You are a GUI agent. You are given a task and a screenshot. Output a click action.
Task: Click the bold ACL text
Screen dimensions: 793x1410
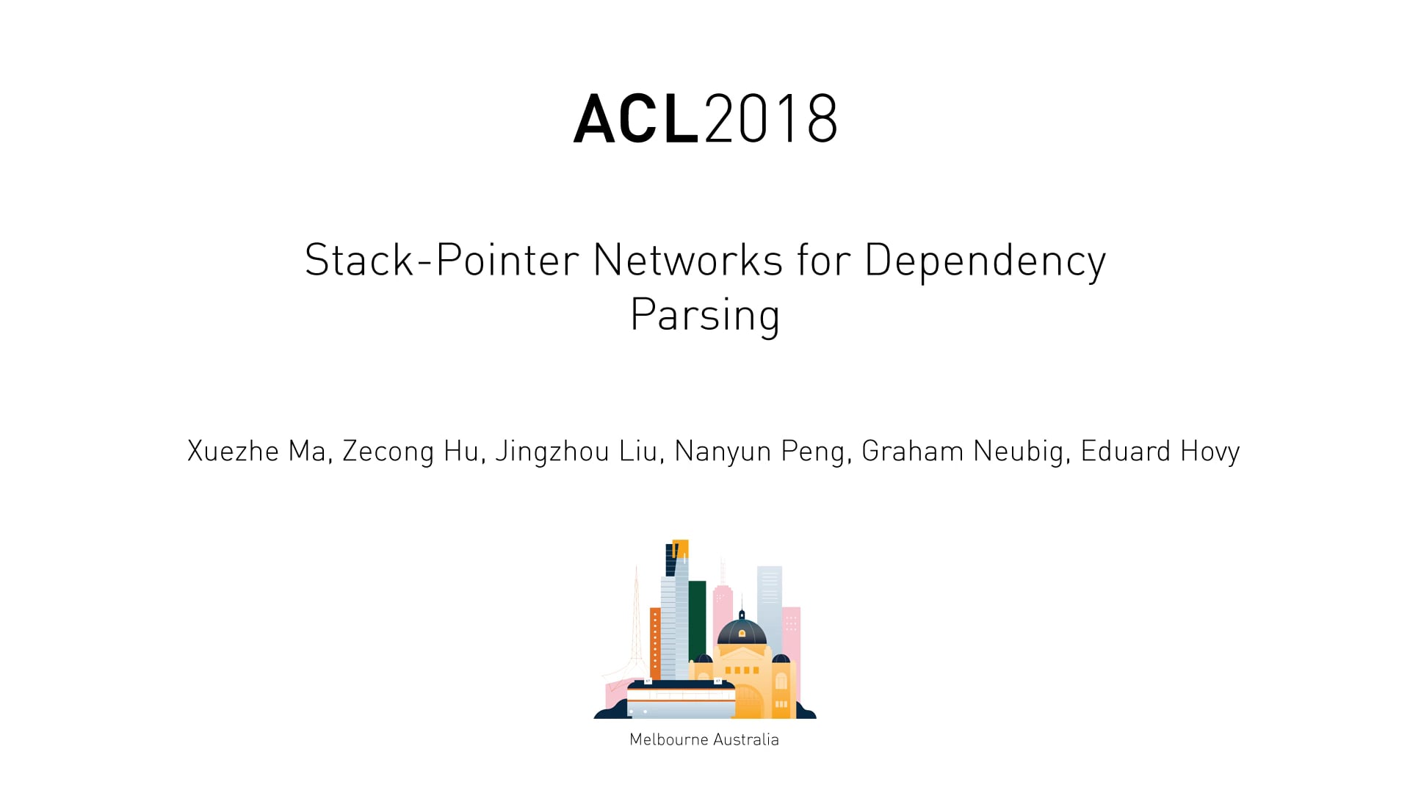pyautogui.click(x=635, y=119)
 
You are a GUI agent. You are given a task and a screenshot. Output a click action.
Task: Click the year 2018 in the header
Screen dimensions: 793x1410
pyautogui.click(x=771, y=119)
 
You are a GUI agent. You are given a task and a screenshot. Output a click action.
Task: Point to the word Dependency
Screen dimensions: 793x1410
pyautogui.click(x=985, y=261)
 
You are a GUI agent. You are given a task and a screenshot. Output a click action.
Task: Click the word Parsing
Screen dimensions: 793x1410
pyautogui.click(x=705, y=316)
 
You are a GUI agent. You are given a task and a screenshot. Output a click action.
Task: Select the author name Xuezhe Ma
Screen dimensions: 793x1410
pyautogui.click(x=256, y=451)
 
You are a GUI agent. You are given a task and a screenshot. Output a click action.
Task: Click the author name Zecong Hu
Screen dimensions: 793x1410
pyautogui.click(x=411, y=451)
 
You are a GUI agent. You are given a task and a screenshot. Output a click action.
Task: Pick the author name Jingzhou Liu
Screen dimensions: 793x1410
pyautogui.click(x=576, y=451)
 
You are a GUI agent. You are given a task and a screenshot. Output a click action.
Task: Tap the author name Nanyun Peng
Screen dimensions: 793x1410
pyautogui.click(x=759, y=451)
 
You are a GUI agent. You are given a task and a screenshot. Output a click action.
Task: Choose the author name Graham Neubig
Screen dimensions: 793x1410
pyautogui.click(x=962, y=451)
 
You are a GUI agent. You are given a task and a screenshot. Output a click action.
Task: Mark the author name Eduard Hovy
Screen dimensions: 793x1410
pyautogui.click(x=1160, y=451)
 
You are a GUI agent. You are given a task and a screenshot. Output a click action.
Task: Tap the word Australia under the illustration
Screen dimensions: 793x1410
pyautogui.click(x=745, y=739)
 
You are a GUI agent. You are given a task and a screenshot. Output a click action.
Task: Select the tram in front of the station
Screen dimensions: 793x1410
pyautogui.click(x=681, y=700)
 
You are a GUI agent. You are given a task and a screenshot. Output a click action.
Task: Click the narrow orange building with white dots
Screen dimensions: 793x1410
pyautogui.click(x=655, y=642)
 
